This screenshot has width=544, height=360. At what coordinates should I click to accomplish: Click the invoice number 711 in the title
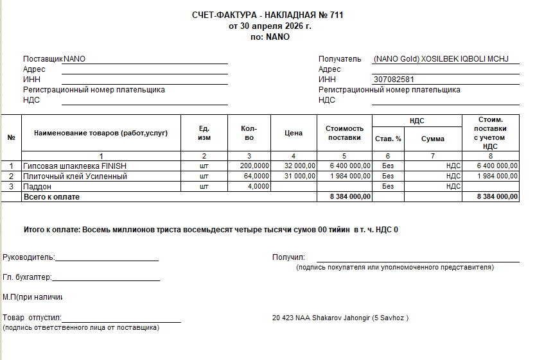pos(336,15)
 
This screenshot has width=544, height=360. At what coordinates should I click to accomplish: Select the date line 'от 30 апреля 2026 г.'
pos(270,26)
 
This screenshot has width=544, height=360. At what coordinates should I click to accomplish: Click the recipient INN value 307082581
pos(393,80)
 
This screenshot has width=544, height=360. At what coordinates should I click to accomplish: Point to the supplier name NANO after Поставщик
pos(75,59)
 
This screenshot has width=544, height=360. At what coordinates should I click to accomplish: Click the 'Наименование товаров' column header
pos(101,133)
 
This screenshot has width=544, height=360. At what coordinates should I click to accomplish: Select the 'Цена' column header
pos(294,133)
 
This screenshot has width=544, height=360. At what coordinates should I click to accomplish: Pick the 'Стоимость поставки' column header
pos(344,133)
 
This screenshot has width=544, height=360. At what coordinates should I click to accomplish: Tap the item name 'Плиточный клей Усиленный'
pos(75,176)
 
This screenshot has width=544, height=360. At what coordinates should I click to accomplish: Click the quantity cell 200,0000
pos(254,166)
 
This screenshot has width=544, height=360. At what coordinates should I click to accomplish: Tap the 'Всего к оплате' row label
pos(51,196)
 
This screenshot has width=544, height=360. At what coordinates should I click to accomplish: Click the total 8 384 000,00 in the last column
pos(497,196)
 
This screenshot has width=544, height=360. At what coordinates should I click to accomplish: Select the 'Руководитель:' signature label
pos(28,258)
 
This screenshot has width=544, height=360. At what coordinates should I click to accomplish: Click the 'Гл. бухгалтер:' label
pos(27,277)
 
